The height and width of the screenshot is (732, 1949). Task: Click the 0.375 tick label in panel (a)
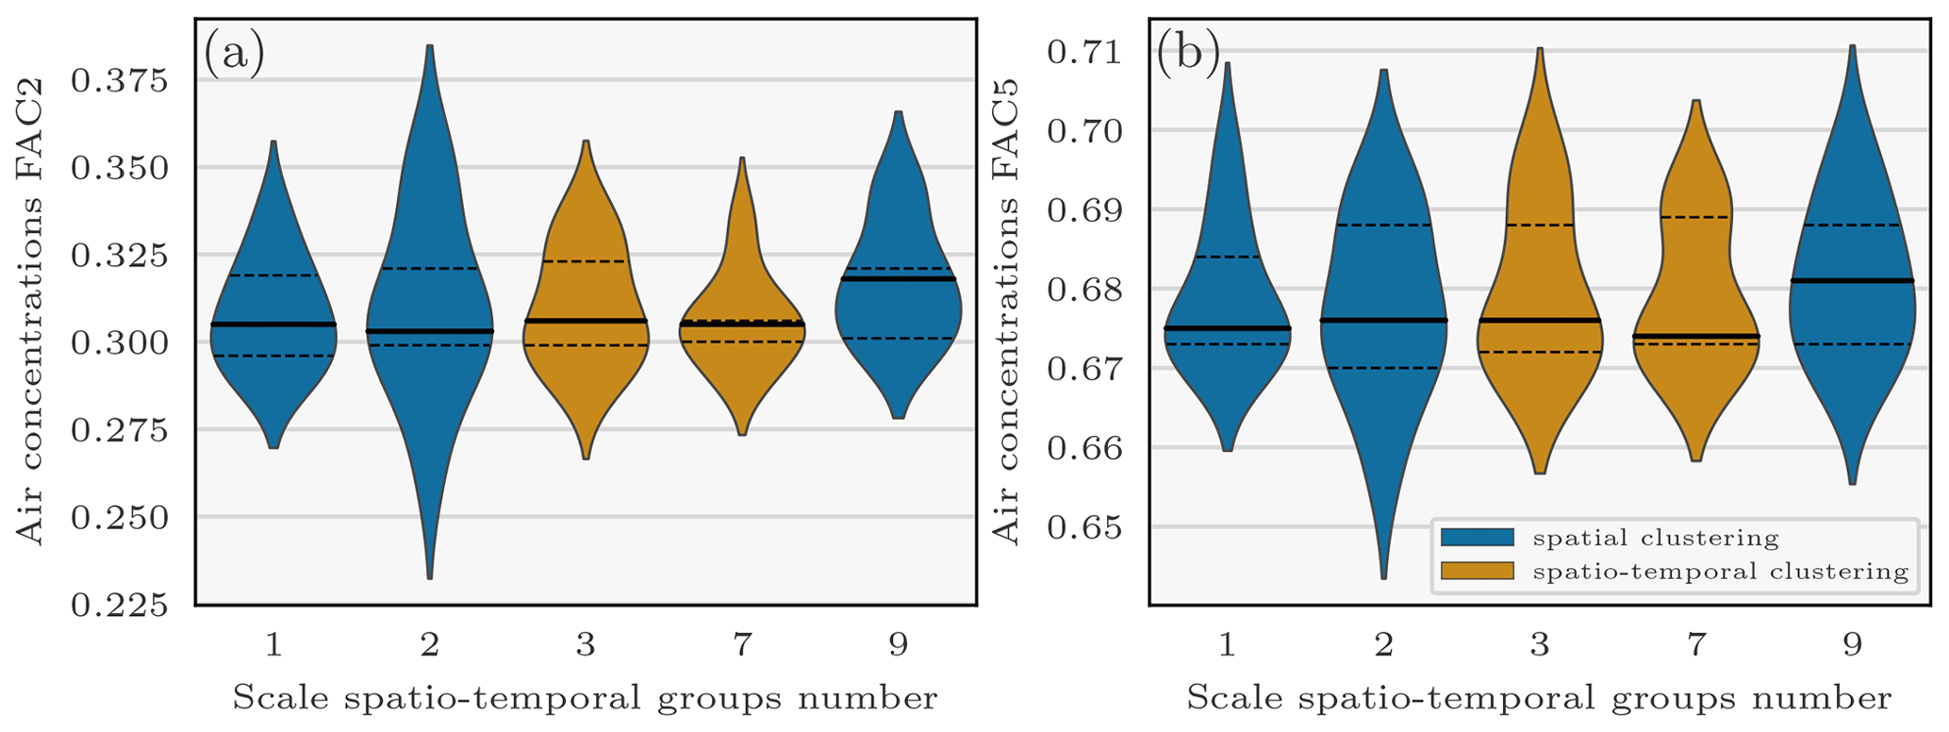click(119, 81)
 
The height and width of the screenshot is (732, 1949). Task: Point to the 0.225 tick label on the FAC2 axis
click(119, 605)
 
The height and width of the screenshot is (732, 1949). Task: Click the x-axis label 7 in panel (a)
click(742, 645)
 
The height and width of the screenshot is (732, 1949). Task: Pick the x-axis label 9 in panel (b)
click(1853, 645)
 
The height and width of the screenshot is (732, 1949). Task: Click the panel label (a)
click(234, 54)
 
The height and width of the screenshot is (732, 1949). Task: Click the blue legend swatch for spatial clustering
click(1477, 538)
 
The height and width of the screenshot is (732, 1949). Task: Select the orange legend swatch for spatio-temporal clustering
click(1477, 571)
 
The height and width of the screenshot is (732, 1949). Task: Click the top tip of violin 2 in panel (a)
click(430, 46)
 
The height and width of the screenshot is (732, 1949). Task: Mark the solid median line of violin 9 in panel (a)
click(898, 279)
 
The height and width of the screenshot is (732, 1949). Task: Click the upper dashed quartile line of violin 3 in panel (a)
click(586, 261)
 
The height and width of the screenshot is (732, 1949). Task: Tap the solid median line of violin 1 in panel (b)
click(1227, 328)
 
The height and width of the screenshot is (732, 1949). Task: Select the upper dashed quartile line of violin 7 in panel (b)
click(1696, 217)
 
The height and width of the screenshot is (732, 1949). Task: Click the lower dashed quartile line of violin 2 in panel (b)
click(1383, 368)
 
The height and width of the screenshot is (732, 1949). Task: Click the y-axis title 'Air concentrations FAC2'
click(31, 368)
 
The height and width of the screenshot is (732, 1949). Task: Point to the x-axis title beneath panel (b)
click(1539, 699)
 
